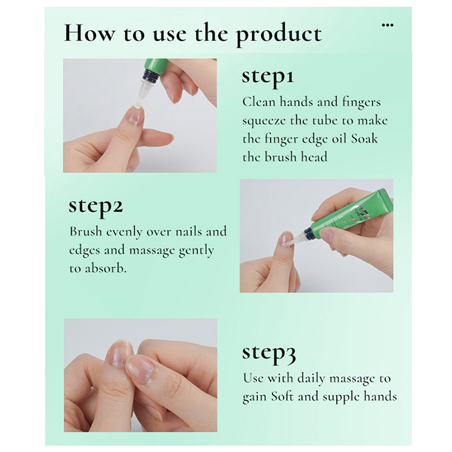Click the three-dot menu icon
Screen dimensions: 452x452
pyautogui.click(x=388, y=25)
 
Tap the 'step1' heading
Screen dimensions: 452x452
pyautogui.click(x=268, y=77)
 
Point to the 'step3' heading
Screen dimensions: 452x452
pyautogui.click(x=269, y=353)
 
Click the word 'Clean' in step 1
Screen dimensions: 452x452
pyautogui.click(x=259, y=102)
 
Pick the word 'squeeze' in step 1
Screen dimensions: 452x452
pyautogui.click(x=264, y=121)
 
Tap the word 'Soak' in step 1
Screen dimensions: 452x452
pyautogui.click(x=364, y=139)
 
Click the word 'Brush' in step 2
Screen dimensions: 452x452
pyautogui.click(x=86, y=232)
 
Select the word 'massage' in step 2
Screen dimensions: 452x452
pyautogui.click(x=151, y=251)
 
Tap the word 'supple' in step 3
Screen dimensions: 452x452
pyautogui.click(x=341, y=398)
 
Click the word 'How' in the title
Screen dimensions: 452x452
pyautogui.click(x=89, y=33)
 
